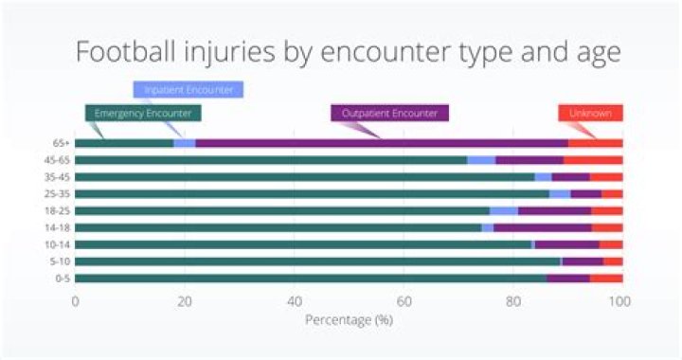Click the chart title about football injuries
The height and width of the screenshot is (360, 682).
348,51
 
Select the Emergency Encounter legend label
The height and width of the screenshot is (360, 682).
142,114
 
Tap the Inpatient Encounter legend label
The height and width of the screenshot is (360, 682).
188,90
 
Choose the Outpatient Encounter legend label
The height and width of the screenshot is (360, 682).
389,114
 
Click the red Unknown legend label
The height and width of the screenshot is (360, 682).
590,114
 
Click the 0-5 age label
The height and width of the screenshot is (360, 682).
60,279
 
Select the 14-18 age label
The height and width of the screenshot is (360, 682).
57,227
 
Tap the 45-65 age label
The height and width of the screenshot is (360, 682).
57,160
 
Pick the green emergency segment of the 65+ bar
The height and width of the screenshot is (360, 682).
124,143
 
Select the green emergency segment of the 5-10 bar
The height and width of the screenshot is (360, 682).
317,261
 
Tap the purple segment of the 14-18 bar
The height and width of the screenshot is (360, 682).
543,227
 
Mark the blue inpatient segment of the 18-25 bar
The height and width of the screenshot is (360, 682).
504,210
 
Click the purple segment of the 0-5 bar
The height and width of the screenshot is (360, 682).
568,279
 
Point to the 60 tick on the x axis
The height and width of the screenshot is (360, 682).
404,301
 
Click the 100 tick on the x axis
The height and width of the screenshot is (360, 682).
619,301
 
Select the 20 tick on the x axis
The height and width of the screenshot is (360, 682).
185,301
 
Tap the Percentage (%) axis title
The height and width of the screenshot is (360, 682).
349,319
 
